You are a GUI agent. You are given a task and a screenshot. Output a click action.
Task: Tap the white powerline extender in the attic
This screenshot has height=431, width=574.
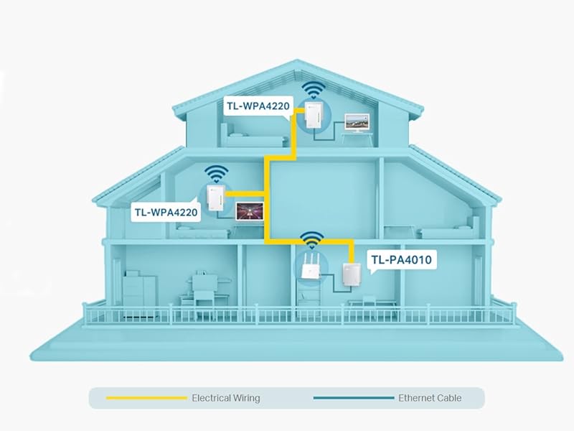312,117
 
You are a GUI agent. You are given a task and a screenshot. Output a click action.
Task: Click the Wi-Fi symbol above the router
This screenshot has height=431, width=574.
311,239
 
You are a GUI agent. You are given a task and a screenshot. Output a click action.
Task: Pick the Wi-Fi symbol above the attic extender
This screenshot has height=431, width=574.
311,91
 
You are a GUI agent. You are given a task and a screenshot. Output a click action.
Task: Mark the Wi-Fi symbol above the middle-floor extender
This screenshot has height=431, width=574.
215,173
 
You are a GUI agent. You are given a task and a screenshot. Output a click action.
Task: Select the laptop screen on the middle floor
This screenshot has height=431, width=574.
250,211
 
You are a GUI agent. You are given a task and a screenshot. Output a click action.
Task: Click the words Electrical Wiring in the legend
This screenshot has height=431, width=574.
225,397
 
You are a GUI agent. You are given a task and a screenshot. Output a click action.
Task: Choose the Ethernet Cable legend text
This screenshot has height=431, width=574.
430,397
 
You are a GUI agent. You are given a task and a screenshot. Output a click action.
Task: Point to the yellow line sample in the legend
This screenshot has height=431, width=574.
145,397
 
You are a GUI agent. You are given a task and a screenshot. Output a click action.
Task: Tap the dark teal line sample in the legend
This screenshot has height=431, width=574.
353,397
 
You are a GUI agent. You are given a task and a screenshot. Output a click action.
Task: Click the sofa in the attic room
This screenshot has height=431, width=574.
244,132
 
